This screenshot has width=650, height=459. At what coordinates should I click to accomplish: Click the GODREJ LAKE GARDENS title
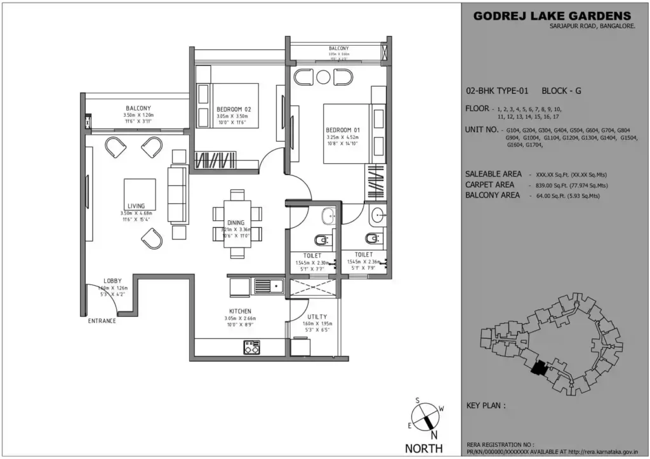552,16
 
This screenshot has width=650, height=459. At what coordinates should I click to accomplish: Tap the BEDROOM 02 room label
234,109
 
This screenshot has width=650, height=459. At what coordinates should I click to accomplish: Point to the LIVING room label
136,206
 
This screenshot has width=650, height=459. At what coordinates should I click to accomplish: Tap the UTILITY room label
317,316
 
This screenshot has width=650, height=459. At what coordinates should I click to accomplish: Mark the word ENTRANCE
102,321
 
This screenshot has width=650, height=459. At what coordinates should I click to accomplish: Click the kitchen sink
269,286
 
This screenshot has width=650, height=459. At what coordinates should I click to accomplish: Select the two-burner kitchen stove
251,347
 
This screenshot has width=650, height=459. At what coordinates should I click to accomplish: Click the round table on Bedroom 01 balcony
324,77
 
